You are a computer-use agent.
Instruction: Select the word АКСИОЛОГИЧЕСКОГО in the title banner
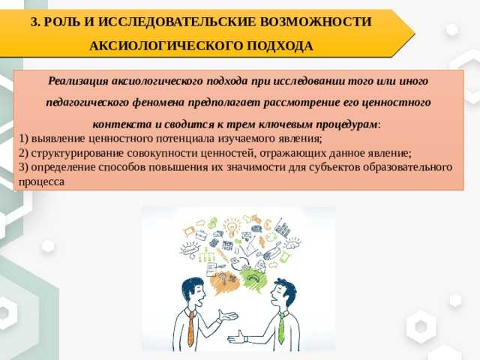pyautogui.click(x=165, y=46)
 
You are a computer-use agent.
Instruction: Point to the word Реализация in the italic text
pyautogui.click(x=78, y=81)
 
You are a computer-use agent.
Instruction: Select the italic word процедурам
pyautogui.click(x=346, y=124)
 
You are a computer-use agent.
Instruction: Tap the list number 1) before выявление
pyautogui.click(x=23, y=139)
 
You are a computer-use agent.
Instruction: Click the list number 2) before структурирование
pyautogui.click(x=23, y=153)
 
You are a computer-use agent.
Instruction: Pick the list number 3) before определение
pyautogui.click(x=23, y=167)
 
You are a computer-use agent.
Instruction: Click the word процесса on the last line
pyautogui.click(x=42, y=182)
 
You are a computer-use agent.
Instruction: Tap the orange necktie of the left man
pyautogui.click(x=191, y=328)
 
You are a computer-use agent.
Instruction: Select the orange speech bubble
pyautogui.click(x=224, y=281)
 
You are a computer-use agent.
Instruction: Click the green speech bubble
pyautogui.click(x=254, y=280)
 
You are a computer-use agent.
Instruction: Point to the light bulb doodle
pyautogui.click(x=232, y=229)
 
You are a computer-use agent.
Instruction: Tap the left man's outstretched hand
pyautogui.click(x=227, y=315)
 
